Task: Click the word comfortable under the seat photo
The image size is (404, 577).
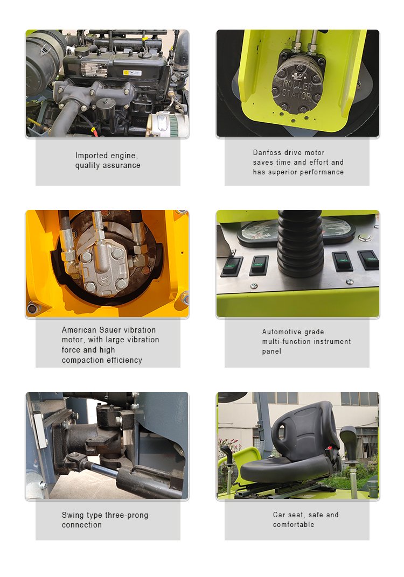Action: pos(294,524)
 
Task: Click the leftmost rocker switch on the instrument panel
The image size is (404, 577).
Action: pos(231,266)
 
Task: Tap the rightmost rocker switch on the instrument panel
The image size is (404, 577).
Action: pos(368,260)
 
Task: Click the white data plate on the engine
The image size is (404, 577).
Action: pos(94,69)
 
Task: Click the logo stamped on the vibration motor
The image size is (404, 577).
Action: pos(104,279)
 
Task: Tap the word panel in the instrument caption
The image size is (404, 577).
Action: pos(271,351)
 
